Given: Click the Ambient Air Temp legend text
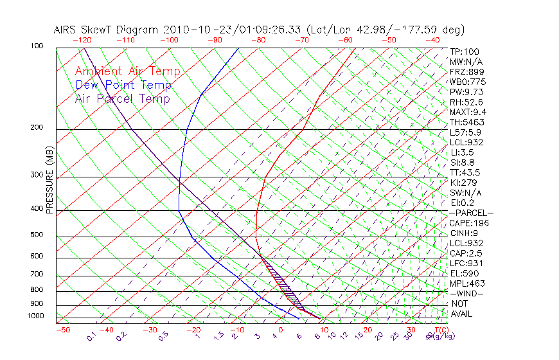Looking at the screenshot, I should (x=128, y=71).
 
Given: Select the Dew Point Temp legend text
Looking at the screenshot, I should (x=123, y=85).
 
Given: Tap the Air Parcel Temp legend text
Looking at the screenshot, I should (x=123, y=98).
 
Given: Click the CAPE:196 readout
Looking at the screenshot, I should (x=469, y=223).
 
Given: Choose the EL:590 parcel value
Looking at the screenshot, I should (x=465, y=273).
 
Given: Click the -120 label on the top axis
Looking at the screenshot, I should (x=82, y=39).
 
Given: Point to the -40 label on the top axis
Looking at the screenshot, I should (x=432, y=39).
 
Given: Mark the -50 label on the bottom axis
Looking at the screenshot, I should (x=62, y=330).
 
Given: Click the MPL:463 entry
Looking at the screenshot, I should (x=467, y=283).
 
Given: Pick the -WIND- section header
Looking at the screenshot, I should (x=466, y=293).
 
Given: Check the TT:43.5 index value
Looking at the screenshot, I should (x=466, y=172).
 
